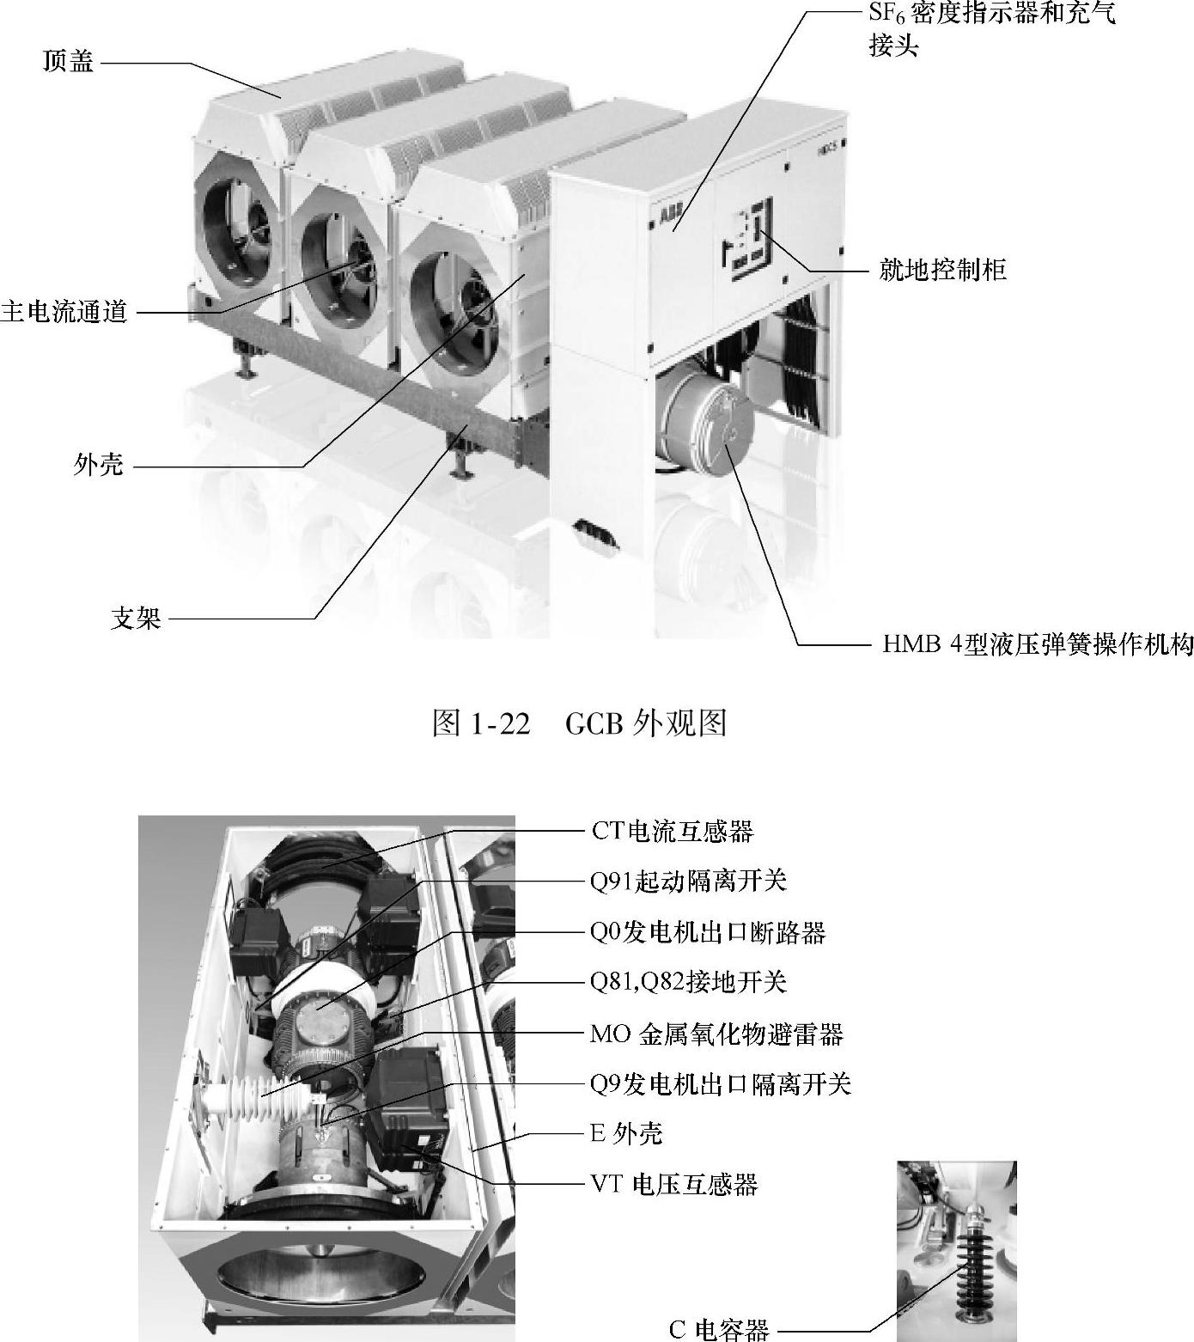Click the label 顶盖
69,62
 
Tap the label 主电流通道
64,311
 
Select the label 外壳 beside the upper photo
99,466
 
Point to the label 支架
136,618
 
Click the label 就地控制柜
942,270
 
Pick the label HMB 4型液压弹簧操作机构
1038,644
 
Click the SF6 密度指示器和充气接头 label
992,29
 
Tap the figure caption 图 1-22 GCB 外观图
579,723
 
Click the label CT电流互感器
672,831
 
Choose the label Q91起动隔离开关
688,881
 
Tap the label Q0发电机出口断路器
708,931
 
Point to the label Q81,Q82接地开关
688,981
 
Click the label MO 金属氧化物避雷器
716,1033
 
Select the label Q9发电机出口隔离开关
721,1083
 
